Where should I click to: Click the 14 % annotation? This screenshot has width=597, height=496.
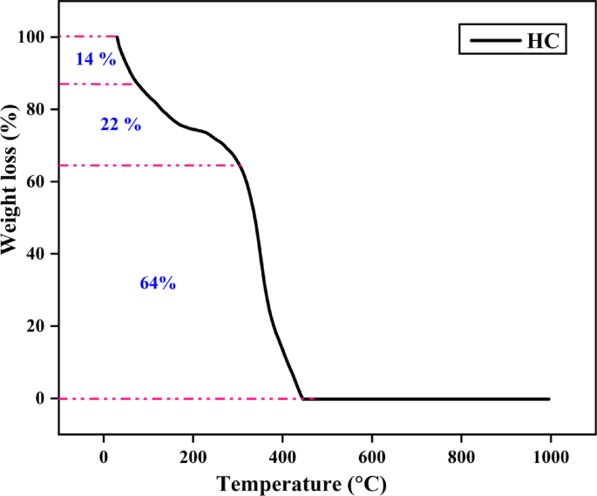coord(96,59)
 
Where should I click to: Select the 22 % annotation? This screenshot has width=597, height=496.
coord(120,124)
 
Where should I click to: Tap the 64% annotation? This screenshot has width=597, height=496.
coord(158,283)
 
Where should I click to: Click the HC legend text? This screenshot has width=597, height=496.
coord(543,40)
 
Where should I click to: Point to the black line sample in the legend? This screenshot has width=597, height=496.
coord(492,40)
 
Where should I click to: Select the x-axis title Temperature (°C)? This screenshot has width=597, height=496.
coord(301,483)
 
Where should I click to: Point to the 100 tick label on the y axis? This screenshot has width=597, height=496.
coord(32,37)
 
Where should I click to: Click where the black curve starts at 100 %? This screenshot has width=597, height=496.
coord(117,37)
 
